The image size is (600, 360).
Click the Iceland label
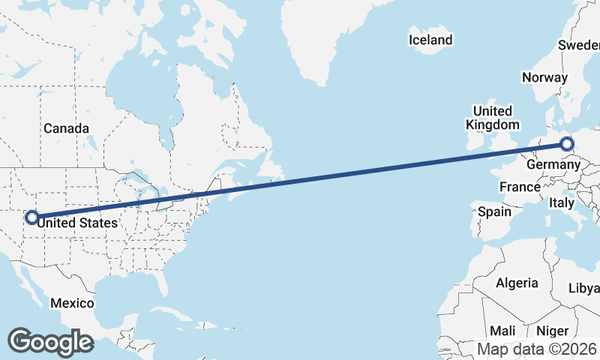430,40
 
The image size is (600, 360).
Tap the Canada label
66,128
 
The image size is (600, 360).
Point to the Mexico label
72,303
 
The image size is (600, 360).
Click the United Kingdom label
492,118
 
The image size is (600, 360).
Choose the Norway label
545,77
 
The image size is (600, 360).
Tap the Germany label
553,164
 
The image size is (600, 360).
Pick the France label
520,187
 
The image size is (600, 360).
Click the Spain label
494,211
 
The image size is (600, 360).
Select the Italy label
561,202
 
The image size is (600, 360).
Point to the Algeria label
517,283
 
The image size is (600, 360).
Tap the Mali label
502,331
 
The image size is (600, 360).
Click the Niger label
553,331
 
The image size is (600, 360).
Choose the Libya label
585,288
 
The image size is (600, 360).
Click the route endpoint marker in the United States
31,217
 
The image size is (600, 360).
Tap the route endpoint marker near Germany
567,144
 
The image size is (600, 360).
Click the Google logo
50,342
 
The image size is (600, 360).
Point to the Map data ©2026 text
537,349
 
